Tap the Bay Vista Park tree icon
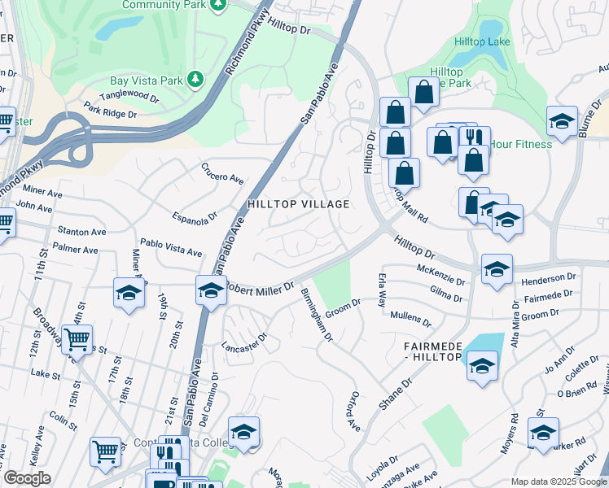point(195,79)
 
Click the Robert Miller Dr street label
point(260,288)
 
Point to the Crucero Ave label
point(222,172)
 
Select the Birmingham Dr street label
point(318,315)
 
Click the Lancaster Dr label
point(245,342)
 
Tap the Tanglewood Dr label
point(134,94)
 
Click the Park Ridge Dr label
point(110,111)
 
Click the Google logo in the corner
point(28,478)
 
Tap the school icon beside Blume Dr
point(562,121)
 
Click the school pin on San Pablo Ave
point(210,290)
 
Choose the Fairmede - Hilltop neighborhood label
point(433,352)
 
